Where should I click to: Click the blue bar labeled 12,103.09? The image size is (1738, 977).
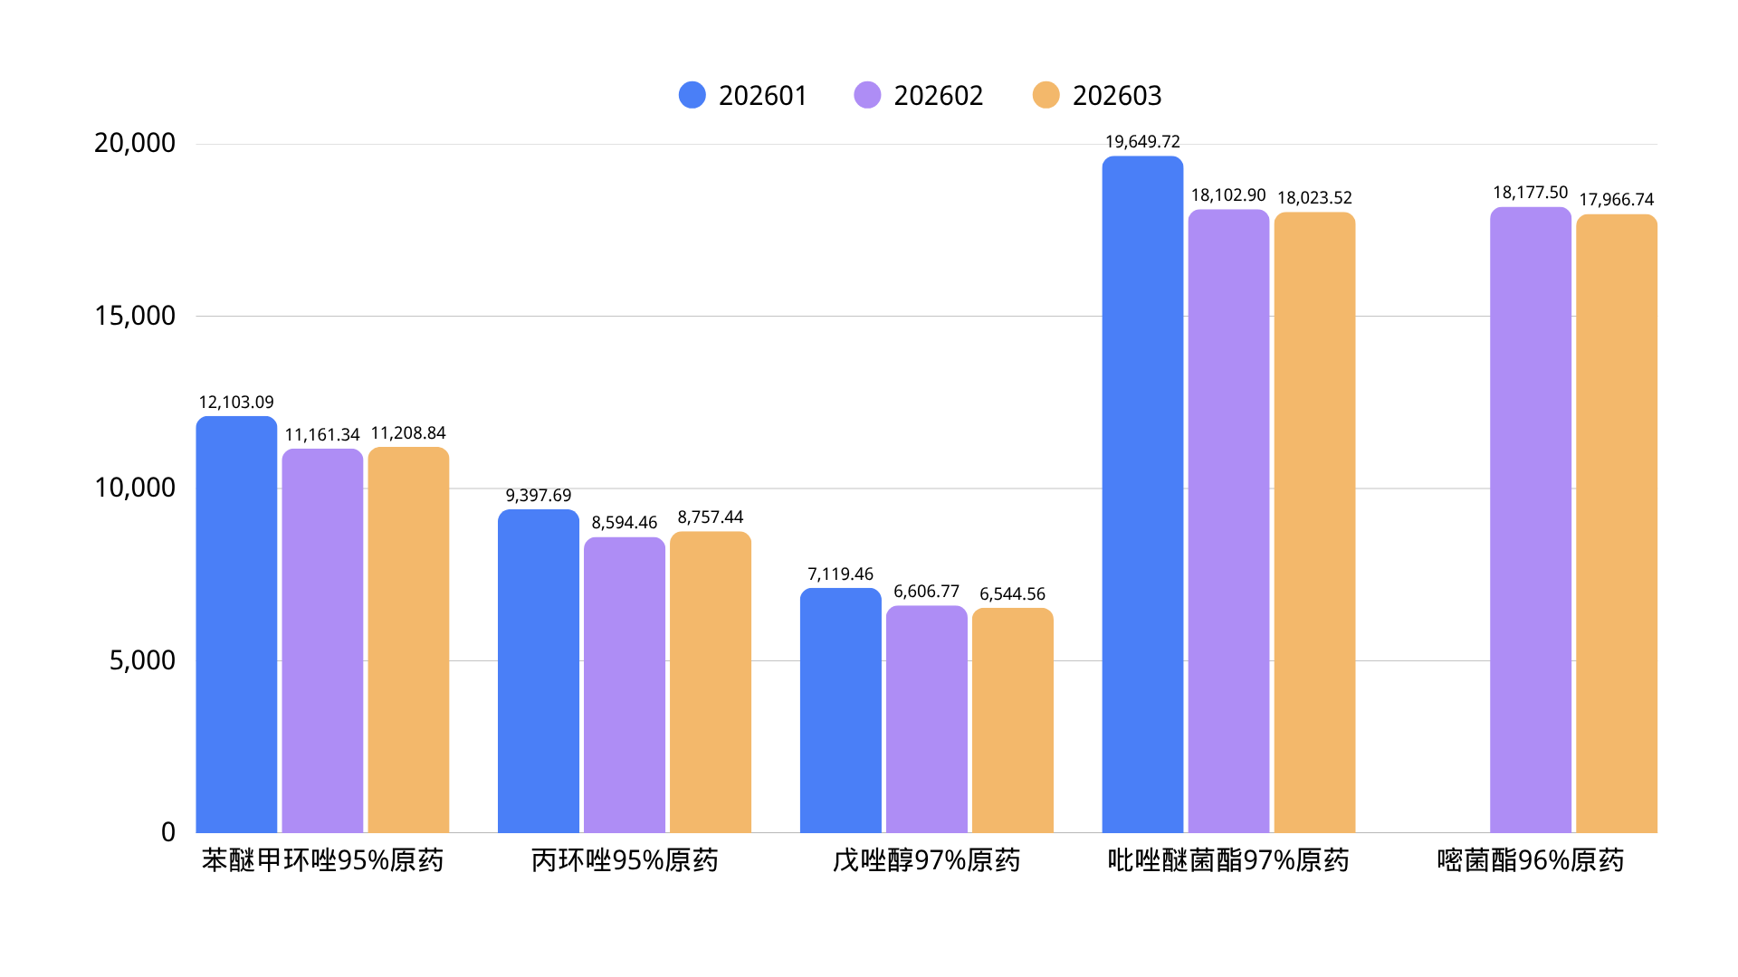236,624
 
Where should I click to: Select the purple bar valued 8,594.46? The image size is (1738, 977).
624,685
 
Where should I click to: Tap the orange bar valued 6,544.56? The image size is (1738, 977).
1012,720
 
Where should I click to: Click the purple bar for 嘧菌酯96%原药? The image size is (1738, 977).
1530,520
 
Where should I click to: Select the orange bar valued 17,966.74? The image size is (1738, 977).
1616,524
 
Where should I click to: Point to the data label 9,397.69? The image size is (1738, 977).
539,496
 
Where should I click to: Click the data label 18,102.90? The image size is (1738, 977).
1228,195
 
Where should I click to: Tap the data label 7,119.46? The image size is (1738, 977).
840,574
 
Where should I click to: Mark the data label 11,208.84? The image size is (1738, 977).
408,433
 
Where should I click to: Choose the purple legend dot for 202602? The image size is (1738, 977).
867,95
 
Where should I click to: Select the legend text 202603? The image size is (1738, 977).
1116,96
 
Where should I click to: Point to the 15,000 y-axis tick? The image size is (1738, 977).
135,316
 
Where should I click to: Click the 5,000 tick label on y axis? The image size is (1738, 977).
142,660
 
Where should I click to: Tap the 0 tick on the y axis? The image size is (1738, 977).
168,832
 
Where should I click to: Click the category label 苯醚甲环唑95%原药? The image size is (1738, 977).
322,860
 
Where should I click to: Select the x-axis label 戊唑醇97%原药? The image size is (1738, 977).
926,860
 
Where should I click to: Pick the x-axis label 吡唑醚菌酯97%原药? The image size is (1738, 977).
1227,860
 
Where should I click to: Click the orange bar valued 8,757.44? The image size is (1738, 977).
710,682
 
